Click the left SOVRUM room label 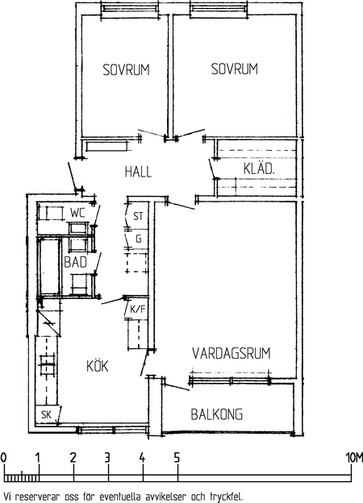point(126,70)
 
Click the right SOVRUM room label point(234,69)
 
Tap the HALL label point(138,172)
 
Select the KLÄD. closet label point(259,168)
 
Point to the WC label point(78,213)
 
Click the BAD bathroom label point(76,262)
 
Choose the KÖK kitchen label point(98,365)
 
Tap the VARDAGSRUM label point(232,353)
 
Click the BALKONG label point(217,414)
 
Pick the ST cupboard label point(138,216)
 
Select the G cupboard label point(138,239)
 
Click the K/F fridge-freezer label point(138,310)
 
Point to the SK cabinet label point(46,415)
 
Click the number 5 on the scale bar point(177,458)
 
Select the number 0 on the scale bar point(3,458)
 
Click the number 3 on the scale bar point(107,458)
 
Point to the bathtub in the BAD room point(50,267)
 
